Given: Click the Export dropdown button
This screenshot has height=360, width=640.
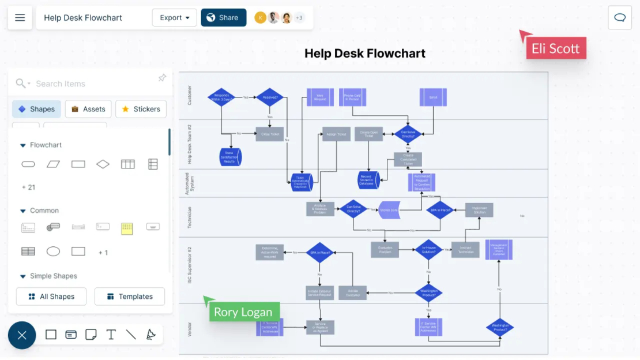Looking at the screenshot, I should [x=174, y=18].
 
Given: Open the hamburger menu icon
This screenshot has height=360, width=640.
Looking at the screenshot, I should [x=20, y=18].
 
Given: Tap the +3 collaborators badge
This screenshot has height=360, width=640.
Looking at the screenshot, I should [x=299, y=18].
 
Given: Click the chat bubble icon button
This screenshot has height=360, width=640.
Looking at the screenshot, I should [x=620, y=18].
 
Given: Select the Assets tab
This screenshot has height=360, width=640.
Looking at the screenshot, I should [x=88, y=109].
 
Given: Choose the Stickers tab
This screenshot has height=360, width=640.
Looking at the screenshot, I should [x=141, y=109].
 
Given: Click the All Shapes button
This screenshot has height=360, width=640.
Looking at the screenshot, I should [x=51, y=297].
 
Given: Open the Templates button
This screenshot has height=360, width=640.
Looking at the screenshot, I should [x=130, y=297].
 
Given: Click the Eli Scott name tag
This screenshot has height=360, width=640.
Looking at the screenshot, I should [x=556, y=48].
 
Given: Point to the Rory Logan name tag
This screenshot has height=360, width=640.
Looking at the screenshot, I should [x=243, y=312].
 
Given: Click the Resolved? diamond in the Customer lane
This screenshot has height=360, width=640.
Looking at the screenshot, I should [x=270, y=97].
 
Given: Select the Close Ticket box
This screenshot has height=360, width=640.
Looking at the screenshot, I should [x=270, y=134].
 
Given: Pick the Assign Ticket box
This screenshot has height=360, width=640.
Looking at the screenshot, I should [x=336, y=134].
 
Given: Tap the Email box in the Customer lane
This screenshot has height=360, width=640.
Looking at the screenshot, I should [x=433, y=97].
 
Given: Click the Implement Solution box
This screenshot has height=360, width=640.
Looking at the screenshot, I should [x=480, y=210].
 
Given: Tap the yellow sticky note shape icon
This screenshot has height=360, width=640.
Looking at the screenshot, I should [x=127, y=228].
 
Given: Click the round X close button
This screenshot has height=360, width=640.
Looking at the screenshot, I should [x=22, y=335].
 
